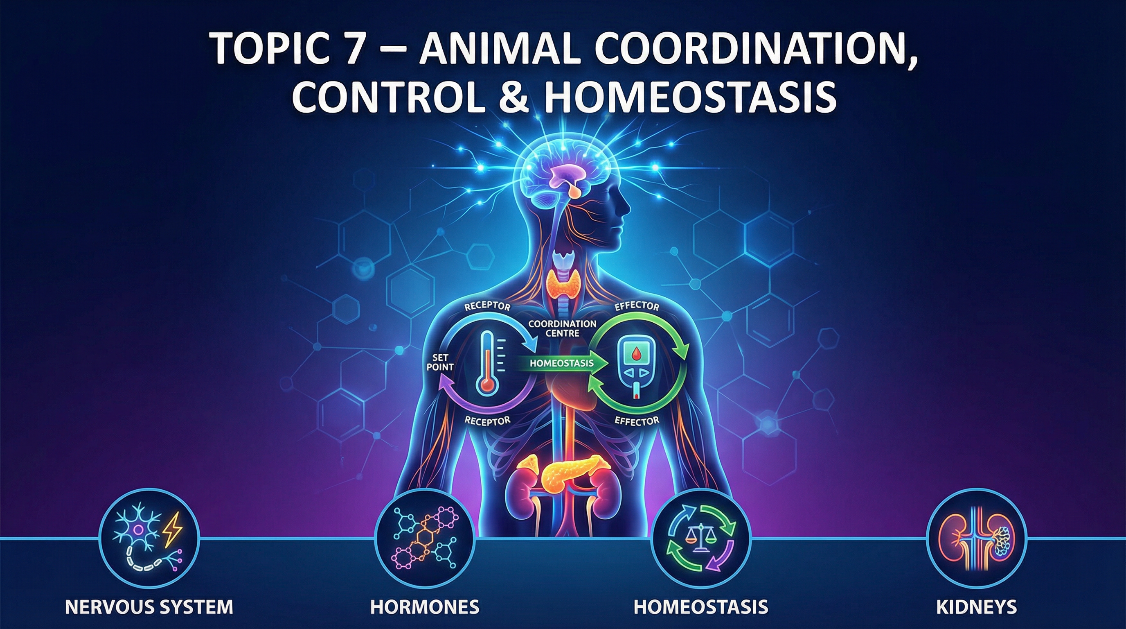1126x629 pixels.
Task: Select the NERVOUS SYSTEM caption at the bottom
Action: click(x=149, y=607)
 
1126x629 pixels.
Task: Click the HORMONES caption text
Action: click(x=424, y=607)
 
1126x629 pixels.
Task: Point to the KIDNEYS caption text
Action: click(x=977, y=607)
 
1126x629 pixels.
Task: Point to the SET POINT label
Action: click(x=440, y=362)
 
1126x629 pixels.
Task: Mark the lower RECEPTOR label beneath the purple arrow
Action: click(x=487, y=421)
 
